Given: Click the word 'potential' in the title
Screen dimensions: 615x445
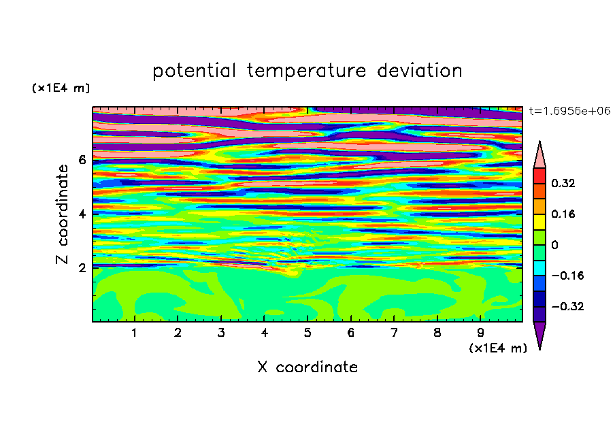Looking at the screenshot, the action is [194, 71].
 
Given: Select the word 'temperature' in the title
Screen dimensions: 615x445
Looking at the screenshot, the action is [306, 71].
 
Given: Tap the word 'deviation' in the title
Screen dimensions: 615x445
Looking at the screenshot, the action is [419, 71].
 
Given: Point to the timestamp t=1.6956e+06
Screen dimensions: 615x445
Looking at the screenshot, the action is [569, 111].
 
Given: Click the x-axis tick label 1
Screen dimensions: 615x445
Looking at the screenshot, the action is [135, 333].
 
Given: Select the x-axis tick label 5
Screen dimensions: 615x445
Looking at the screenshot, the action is [307, 333].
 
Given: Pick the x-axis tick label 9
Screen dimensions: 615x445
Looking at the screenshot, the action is [480, 333].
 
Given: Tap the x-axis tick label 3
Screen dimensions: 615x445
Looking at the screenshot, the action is [221, 333].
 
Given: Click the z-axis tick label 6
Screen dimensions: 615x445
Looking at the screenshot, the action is [82, 160].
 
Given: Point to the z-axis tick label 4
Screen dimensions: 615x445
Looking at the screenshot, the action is [82, 214].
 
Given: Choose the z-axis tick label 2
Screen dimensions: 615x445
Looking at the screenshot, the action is [82, 268].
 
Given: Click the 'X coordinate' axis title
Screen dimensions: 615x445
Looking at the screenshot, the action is [307, 367].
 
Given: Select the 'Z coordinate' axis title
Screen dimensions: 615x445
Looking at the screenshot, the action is [63, 214].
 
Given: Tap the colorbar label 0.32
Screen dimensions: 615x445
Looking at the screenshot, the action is [563, 183].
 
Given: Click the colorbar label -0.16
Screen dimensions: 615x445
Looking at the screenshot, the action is [567, 276].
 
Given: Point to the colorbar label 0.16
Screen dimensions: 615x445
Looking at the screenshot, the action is [563, 214].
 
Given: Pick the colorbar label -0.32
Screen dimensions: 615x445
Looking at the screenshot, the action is [567, 306].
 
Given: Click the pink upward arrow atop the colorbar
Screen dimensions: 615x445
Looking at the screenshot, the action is [539, 156].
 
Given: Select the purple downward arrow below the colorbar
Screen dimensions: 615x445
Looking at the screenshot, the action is [539, 333].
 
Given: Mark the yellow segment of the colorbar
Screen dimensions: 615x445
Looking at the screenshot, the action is [539, 222].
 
